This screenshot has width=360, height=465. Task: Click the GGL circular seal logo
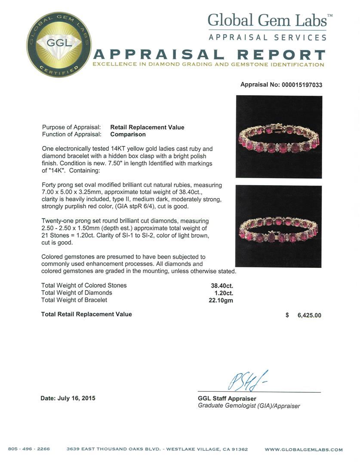(59, 45)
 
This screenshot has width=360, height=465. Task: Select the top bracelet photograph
(279, 136)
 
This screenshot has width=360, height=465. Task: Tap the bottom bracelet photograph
(278, 226)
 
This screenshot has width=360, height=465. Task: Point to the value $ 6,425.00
(304, 315)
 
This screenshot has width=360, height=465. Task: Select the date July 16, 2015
(68, 398)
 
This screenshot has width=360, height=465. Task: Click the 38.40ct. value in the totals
(222, 285)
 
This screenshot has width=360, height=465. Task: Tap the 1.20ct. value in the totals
(224, 293)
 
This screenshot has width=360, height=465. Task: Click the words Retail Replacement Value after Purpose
(147, 127)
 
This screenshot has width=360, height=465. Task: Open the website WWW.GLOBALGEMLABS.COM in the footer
(304, 449)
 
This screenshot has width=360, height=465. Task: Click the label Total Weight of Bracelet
(74, 300)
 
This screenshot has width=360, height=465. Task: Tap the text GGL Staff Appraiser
(227, 399)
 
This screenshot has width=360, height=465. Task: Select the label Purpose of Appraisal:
(71, 127)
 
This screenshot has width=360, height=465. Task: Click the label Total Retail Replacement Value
(86, 314)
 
